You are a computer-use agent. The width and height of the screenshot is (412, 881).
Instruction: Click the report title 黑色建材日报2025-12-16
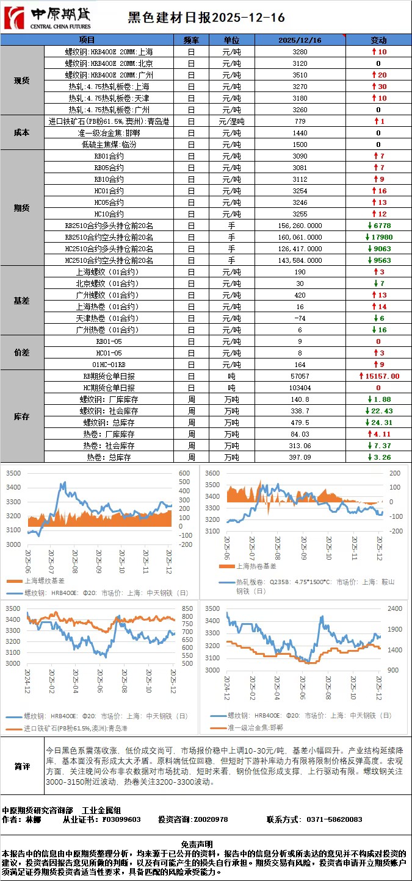coord(206,18)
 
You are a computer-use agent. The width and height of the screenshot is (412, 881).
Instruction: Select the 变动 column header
coord(378,40)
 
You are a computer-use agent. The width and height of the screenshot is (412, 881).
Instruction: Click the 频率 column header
coord(191,40)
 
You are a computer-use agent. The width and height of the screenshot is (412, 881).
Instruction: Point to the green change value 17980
coord(381,237)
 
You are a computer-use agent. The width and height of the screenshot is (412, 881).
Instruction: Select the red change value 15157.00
coord(382,376)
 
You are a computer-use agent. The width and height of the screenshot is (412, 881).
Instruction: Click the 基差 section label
coord(22,301)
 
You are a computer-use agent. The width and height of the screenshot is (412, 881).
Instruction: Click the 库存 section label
coord(22,416)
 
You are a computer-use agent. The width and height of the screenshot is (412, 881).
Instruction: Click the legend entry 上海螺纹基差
coord(46,582)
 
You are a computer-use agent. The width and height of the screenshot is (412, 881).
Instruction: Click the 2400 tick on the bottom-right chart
coord(394,608)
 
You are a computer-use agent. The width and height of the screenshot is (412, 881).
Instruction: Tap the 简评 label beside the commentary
coord(23,766)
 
